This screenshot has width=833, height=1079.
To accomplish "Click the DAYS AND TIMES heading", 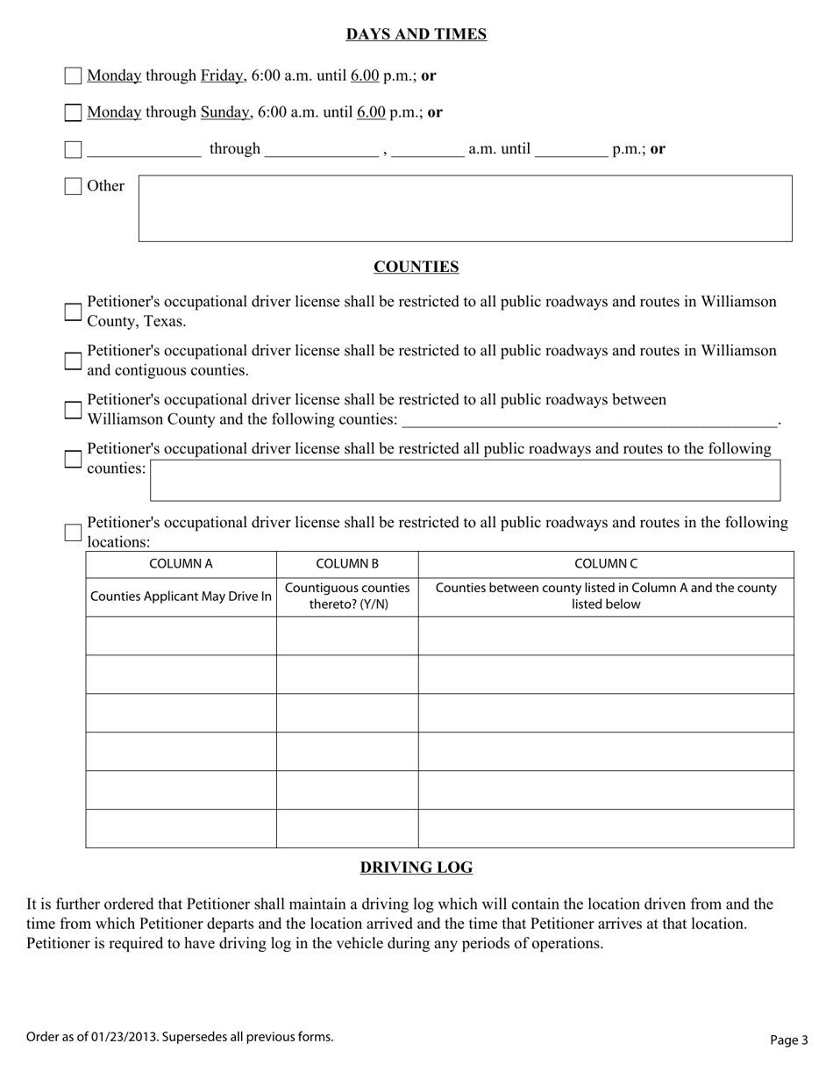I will pyautogui.click(x=416, y=34).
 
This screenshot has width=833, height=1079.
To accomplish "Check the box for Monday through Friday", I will pyautogui.click(x=74, y=76).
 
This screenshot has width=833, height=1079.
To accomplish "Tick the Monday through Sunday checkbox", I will pyautogui.click(x=74, y=113).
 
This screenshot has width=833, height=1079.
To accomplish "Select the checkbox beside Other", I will pyautogui.click(x=74, y=187).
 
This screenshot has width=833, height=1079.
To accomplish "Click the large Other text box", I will pyautogui.click(x=465, y=209).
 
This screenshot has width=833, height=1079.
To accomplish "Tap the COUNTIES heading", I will pyautogui.click(x=416, y=267).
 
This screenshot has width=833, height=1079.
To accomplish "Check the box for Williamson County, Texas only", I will pyautogui.click(x=74, y=312).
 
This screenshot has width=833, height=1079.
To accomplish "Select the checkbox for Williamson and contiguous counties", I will pyautogui.click(x=74, y=361).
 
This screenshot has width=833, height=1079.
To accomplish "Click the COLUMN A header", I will pyautogui.click(x=181, y=564).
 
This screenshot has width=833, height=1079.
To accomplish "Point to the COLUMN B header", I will pyautogui.click(x=347, y=564).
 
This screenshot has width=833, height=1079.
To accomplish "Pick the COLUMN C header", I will pyautogui.click(x=606, y=564).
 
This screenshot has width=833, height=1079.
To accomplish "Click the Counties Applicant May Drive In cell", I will pyautogui.click(x=181, y=597).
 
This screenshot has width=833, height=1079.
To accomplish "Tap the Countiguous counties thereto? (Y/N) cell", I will pyautogui.click(x=347, y=597).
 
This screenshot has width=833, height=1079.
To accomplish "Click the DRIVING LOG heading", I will pyautogui.click(x=416, y=868).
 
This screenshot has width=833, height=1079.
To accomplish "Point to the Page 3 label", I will pyautogui.click(x=789, y=1040).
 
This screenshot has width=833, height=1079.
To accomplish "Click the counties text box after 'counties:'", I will pyautogui.click(x=465, y=480).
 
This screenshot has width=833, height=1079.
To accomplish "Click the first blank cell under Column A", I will pyautogui.click(x=181, y=636).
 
